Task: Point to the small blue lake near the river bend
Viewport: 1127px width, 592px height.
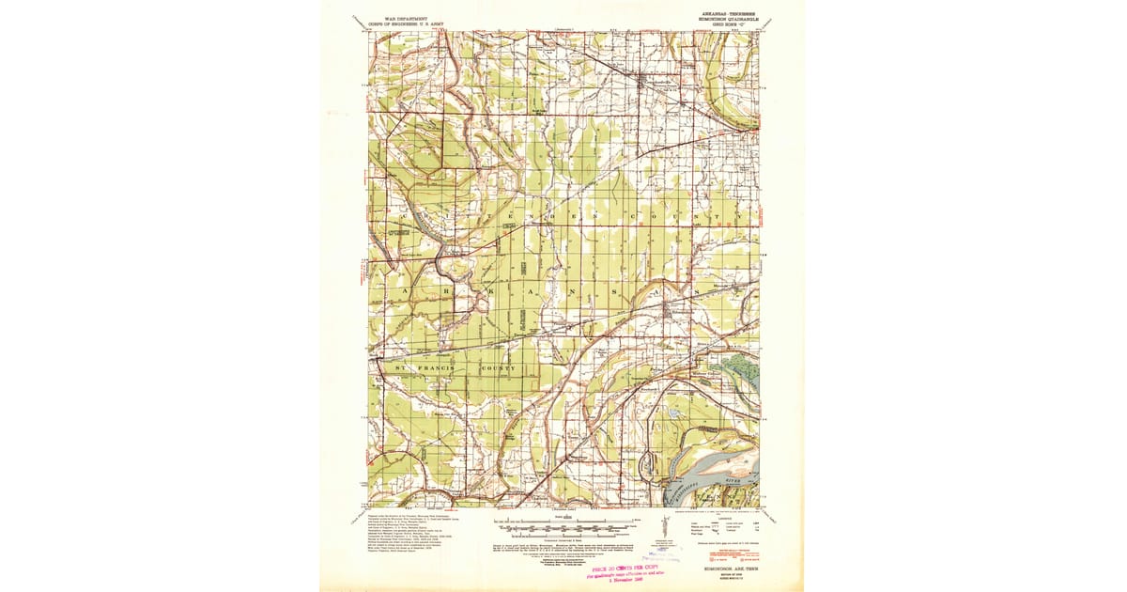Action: (674, 411)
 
